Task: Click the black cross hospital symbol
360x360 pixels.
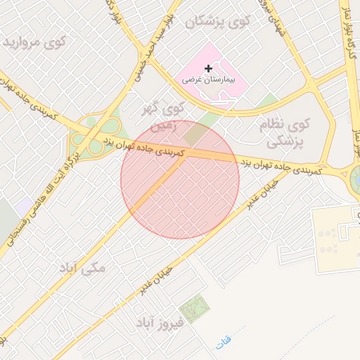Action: (208, 68)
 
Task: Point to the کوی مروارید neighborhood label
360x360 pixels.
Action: (34, 44)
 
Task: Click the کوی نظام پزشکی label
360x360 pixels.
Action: (288, 133)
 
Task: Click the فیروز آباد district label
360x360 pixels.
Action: (160, 323)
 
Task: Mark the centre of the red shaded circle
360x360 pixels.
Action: (180, 180)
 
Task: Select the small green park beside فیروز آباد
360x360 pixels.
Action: (194, 308)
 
